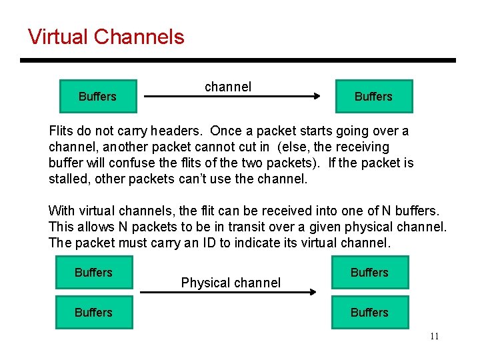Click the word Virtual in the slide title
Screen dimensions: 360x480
[58, 37]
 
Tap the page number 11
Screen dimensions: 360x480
[434, 336]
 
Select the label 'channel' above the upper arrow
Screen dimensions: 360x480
[228, 87]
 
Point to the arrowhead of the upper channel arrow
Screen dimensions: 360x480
[316, 97]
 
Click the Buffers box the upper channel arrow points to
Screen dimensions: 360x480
[373, 97]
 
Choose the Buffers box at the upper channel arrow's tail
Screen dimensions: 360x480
[97, 97]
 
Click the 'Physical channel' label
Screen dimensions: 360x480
[231, 283]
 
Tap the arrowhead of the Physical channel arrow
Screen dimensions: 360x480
[312, 292]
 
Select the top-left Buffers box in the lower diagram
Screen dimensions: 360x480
[93, 273]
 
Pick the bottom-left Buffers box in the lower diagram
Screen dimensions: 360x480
[93, 312]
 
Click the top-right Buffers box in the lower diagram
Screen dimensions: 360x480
[369, 273]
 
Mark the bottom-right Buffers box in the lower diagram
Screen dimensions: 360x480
[369, 312]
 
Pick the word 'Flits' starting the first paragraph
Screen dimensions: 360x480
[61, 131]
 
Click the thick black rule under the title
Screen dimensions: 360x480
[237, 61]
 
